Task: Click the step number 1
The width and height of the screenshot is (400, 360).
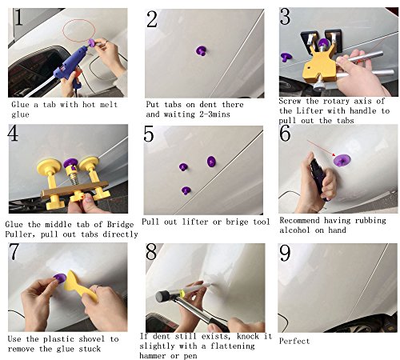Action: click(18, 17)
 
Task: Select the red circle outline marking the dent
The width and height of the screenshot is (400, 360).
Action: click(79, 30)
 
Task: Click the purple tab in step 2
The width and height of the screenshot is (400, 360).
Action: click(202, 50)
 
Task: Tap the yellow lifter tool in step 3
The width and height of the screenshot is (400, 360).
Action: click(318, 66)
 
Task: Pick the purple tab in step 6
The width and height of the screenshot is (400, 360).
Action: click(342, 160)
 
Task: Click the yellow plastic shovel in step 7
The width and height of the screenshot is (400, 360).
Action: click(79, 286)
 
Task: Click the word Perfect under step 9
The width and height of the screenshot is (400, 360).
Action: click(294, 341)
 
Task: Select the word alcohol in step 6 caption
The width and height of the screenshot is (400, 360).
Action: click(295, 230)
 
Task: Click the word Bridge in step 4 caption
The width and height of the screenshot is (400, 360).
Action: click(120, 224)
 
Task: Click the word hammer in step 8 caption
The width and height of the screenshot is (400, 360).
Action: click(153, 356)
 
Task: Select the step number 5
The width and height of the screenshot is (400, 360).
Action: click(149, 134)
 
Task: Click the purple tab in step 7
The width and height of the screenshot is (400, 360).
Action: click(60, 278)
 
